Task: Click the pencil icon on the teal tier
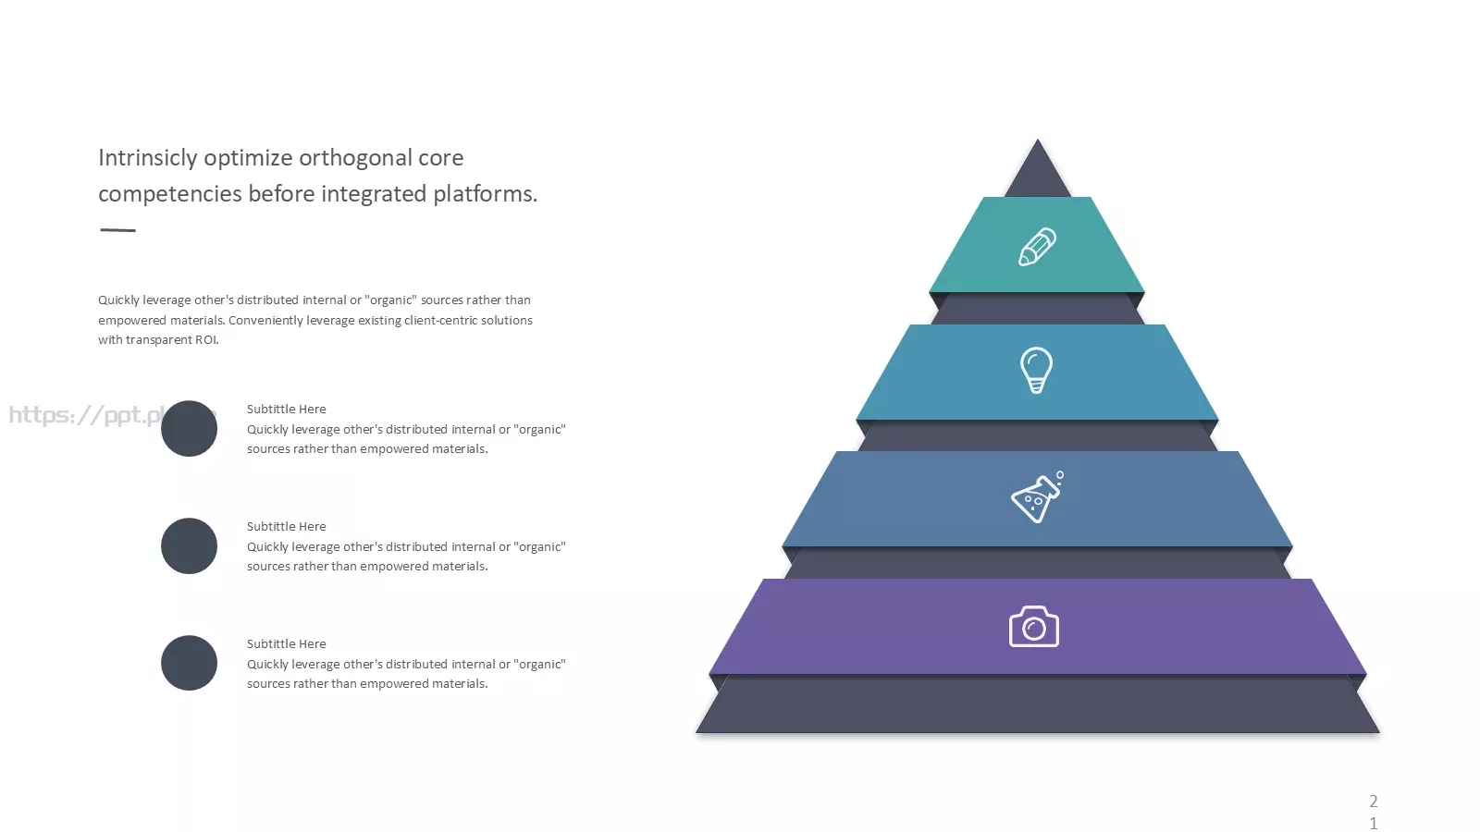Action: coord(1037,247)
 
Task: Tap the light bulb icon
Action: coord(1036,370)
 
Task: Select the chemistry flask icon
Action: coord(1037,496)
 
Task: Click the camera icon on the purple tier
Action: coord(1034,626)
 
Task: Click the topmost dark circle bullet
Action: coord(189,429)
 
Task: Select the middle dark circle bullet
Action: coord(189,546)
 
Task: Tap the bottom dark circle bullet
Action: coord(189,663)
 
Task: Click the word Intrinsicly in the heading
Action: coord(148,158)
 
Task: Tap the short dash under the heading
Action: coord(117,230)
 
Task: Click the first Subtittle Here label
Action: coord(286,410)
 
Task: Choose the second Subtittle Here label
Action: coord(286,527)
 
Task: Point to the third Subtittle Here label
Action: coord(286,644)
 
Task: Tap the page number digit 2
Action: coord(1374,801)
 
